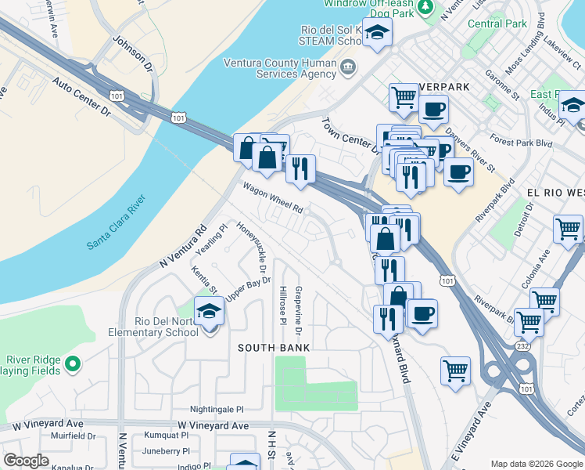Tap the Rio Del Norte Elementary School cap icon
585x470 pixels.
[x=209, y=314]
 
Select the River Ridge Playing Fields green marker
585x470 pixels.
[x=73, y=363]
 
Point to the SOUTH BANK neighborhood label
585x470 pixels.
[x=274, y=347]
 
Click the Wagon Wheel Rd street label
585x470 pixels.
[x=272, y=198]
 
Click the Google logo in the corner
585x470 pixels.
[x=26, y=461]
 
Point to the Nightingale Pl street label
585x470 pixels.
[x=217, y=409]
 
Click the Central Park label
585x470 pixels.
[x=497, y=23]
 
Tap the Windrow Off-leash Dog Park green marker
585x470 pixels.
[x=425, y=8]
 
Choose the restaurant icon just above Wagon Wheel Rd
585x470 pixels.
[x=300, y=168]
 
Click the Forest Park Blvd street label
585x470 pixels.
[x=521, y=144]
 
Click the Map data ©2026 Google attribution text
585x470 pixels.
[x=536, y=464]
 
